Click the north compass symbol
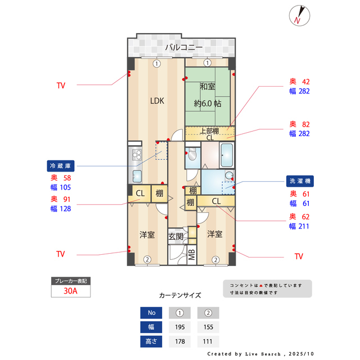pos(298,15)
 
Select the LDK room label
pos(156,101)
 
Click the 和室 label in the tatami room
pos(207,87)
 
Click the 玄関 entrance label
pos(175,237)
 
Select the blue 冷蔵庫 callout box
pos(61,166)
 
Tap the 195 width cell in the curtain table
pos(180,327)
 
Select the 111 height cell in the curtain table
pos(208,341)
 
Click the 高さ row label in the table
pos(151,341)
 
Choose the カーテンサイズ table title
pos(180,295)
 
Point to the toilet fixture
pos(191,156)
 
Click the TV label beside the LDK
pos(61,86)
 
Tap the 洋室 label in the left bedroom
pos(147,235)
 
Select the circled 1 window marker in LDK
pos(157,63)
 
